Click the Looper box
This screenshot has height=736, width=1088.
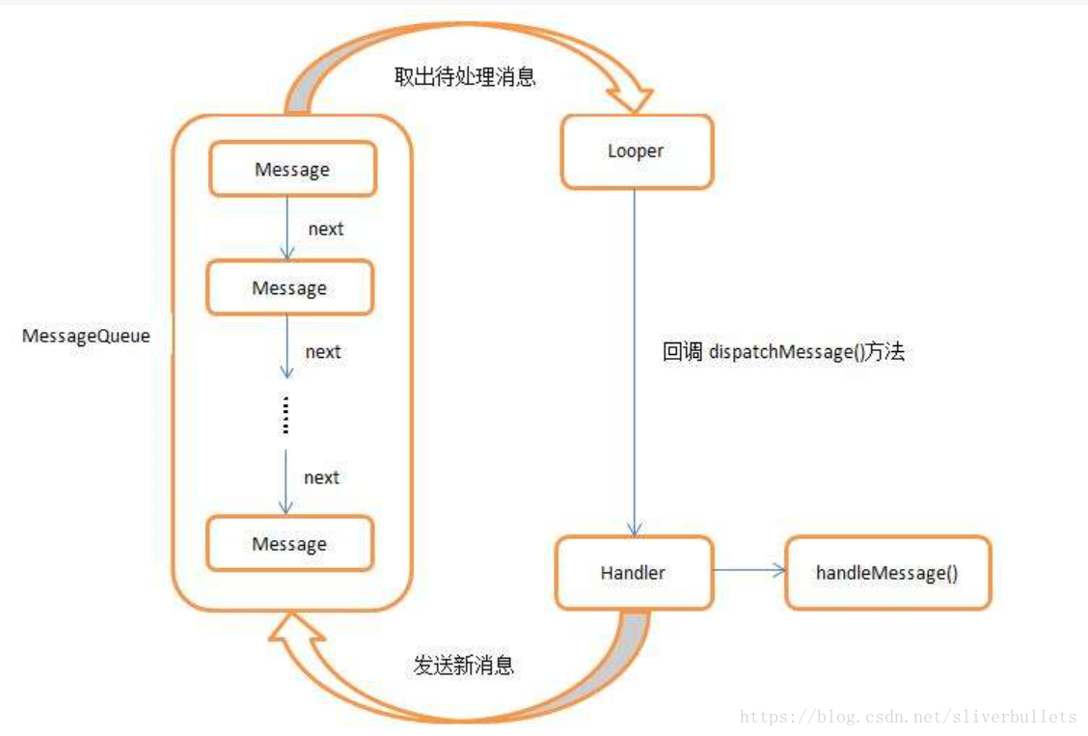[637, 151]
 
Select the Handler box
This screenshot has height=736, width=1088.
[634, 573]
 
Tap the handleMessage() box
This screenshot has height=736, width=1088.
[887, 573]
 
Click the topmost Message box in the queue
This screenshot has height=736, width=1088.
[291, 170]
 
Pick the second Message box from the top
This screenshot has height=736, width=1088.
[289, 287]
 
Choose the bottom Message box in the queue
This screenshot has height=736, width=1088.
[289, 544]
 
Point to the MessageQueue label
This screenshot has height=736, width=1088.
[86, 338]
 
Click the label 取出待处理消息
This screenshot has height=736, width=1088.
[465, 77]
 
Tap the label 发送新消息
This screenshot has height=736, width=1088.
[464, 666]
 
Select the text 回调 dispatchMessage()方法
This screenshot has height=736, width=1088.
[783, 352]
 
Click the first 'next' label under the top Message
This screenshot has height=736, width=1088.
[325, 230]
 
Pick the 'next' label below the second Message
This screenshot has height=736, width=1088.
[323, 352]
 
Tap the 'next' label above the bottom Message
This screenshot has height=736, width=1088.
[321, 477]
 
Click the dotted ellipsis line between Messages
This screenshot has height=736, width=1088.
[286, 415]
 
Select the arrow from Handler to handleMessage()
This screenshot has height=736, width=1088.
[750, 570]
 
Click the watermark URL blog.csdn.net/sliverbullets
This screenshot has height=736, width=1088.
[908, 717]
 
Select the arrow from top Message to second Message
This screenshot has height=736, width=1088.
[286, 228]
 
